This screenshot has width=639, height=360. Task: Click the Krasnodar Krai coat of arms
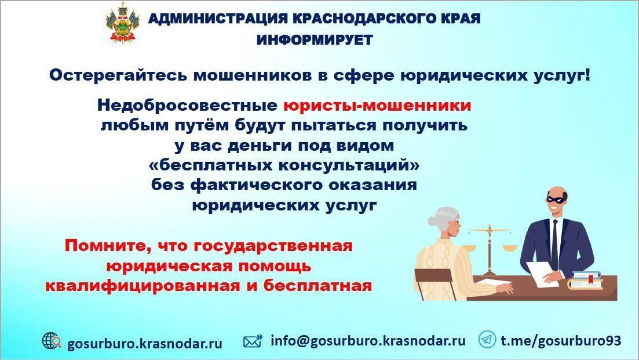click(122, 23)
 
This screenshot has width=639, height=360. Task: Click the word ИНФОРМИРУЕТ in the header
click(315, 40)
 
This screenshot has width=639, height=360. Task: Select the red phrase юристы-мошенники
click(377, 106)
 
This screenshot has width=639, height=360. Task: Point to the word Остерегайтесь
click(118, 75)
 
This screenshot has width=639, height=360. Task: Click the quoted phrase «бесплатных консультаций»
click(284, 165)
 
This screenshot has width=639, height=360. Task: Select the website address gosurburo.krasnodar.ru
click(145, 343)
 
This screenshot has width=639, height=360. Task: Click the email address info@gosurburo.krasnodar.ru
click(368, 340)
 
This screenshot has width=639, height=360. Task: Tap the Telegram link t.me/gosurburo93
click(561, 340)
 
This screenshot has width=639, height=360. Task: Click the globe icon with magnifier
click(52, 341)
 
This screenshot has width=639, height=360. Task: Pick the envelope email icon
click(253, 341)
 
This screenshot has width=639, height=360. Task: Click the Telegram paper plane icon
click(487, 339)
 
